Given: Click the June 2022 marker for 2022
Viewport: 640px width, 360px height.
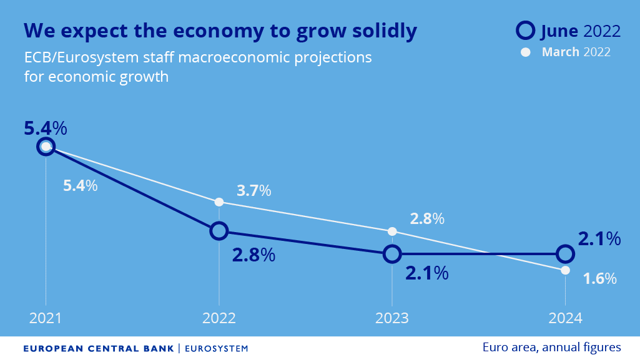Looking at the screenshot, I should pyautogui.click(x=219, y=231).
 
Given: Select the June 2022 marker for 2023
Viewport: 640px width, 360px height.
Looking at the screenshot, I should pyautogui.click(x=391, y=254).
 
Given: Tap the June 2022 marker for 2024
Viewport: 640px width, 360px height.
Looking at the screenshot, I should pyautogui.click(x=565, y=254).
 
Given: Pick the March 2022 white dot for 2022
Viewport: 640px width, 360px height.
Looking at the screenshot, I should pyautogui.click(x=219, y=202).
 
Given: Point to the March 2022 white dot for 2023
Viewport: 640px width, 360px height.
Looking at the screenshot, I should pyautogui.click(x=392, y=231).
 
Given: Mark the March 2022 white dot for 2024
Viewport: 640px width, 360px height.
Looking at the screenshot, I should pyautogui.click(x=565, y=270).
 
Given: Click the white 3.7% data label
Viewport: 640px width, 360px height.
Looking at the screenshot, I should pyautogui.click(x=254, y=191).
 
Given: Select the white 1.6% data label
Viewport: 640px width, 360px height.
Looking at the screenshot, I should pyautogui.click(x=599, y=279).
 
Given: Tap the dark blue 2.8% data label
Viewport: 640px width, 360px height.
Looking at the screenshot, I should pyautogui.click(x=254, y=255).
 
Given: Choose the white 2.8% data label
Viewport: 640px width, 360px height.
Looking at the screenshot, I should pyautogui.click(x=427, y=219).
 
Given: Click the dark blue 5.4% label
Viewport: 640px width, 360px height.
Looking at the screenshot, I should pyautogui.click(x=45, y=129).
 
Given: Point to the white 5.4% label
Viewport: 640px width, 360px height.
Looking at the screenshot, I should pyautogui.click(x=81, y=185).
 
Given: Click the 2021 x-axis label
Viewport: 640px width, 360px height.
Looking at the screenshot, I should pyautogui.click(x=46, y=318).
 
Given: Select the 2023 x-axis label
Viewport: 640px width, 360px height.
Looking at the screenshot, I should pyautogui.click(x=392, y=318).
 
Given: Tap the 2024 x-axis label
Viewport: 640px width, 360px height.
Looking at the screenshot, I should pyautogui.click(x=565, y=318).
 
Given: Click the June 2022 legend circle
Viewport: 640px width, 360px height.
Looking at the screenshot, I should pyautogui.click(x=526, y=31).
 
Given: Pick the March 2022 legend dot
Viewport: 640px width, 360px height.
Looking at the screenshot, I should pyautogui.click(x=526, y=52).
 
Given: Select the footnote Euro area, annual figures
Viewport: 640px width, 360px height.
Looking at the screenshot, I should pyautogui.click(x=551, y=347).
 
